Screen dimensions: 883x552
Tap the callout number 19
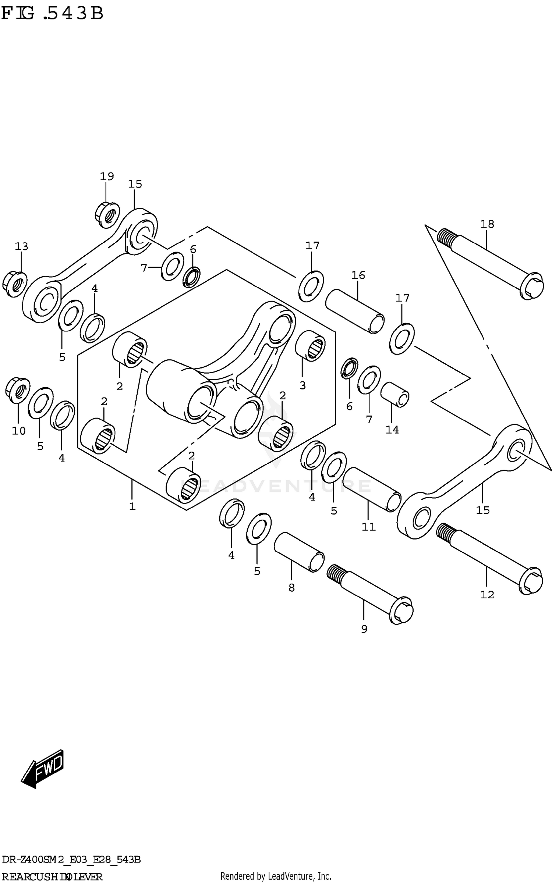(107, 177)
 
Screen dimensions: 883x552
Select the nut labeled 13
(14, 284)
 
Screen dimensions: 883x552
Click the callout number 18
(487, 224)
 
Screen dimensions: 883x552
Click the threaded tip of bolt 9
(336, 573)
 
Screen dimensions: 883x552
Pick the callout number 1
(132, 506)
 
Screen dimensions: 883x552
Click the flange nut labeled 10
(18, 390)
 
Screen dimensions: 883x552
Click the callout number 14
(392, 430)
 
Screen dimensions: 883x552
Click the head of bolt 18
(531, 286)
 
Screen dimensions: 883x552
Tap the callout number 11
(368, 527)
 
